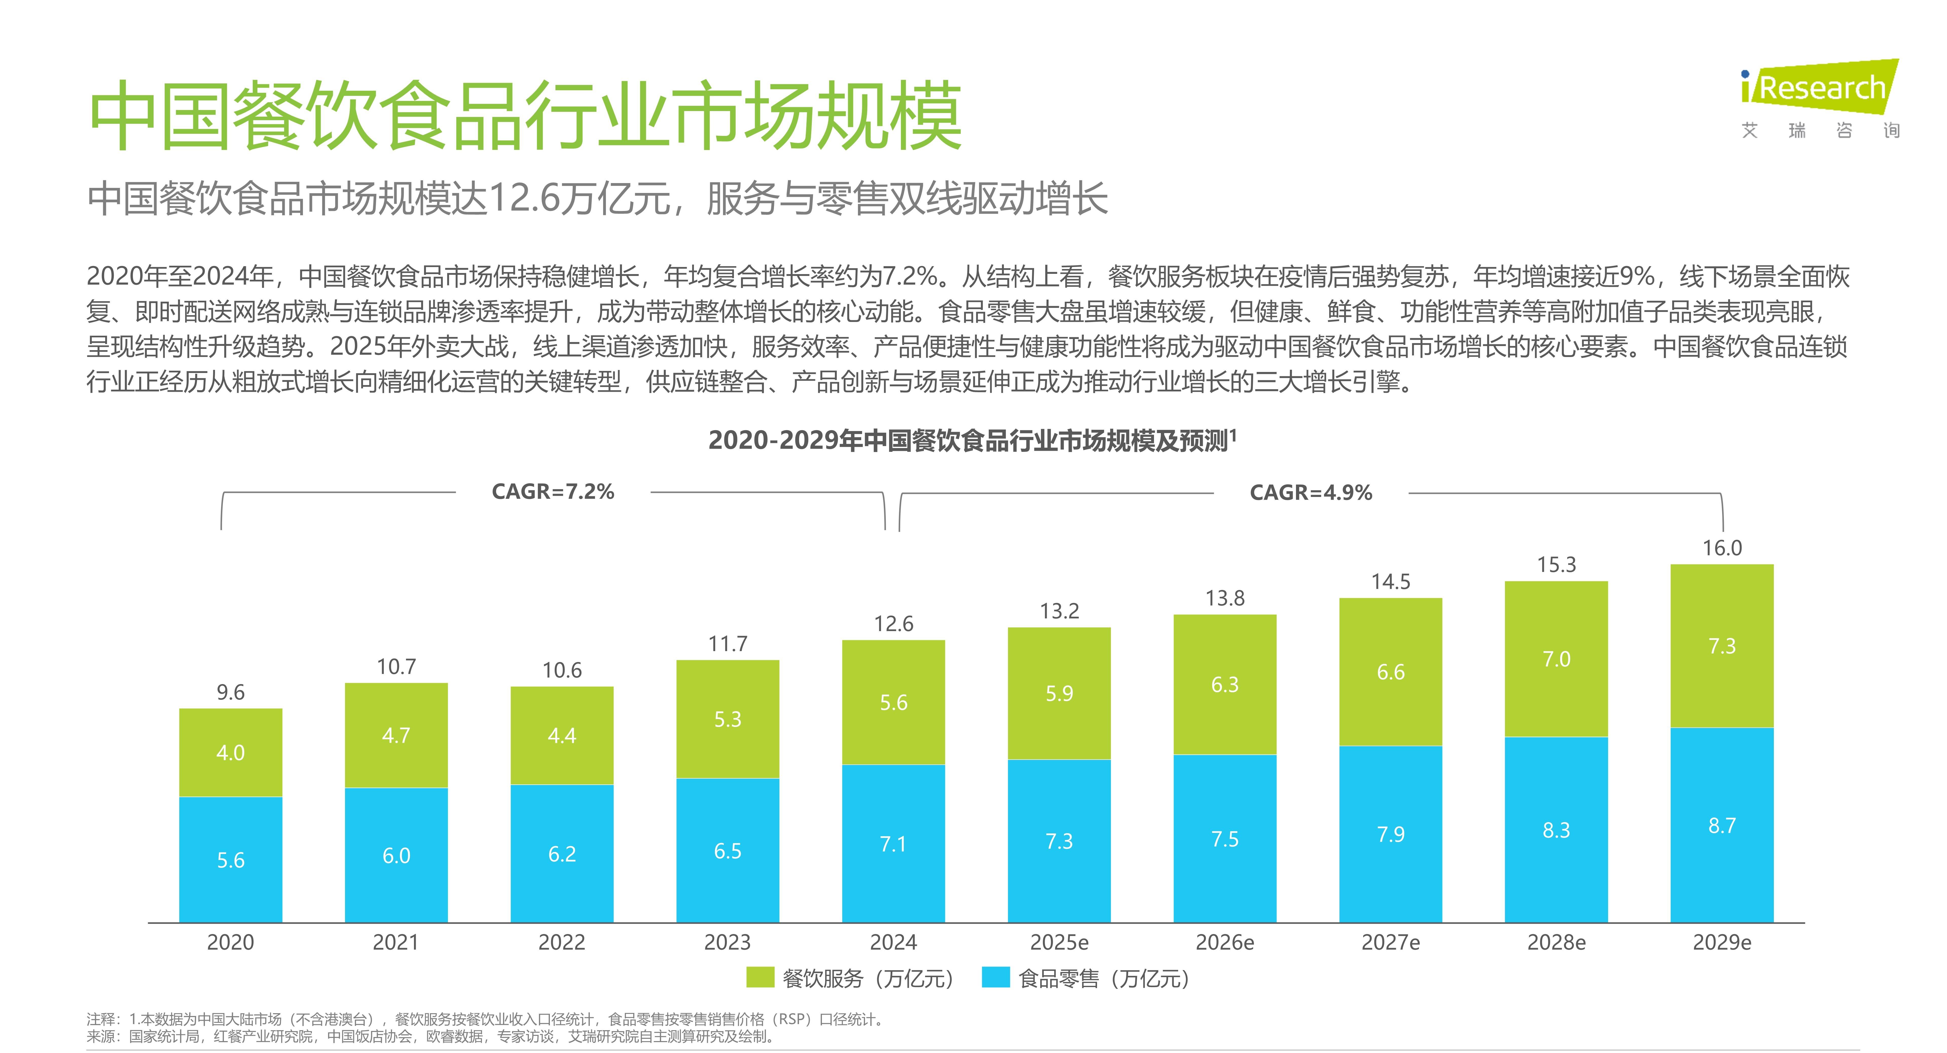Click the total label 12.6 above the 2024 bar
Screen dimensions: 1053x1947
coord(893,624)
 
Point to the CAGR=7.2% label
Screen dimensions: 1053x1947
coord(552,492)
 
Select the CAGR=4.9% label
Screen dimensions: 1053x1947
coord(1311,493)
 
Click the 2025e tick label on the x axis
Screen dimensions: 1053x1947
coord(1059,943)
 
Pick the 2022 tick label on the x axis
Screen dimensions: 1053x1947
coord(562,943)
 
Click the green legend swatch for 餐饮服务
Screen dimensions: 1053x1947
coord(760,977)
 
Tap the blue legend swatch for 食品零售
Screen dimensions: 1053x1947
coord(995,977)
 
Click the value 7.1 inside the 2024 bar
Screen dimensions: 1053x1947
coord(893,844)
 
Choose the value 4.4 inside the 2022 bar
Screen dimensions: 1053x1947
coord(562,736)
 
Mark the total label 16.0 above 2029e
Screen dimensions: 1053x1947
coord(1722,548)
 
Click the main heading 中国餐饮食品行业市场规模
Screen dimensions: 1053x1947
coord(525,117)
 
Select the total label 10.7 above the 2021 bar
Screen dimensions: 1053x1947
coord(396,667)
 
